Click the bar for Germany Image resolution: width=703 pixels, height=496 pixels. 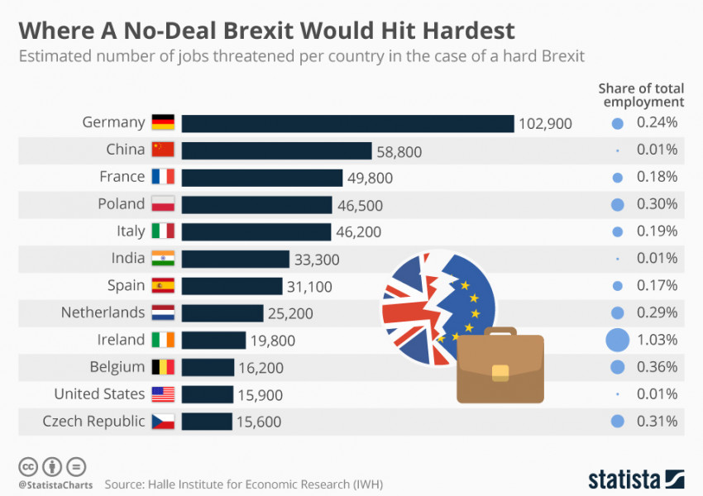[347, 123]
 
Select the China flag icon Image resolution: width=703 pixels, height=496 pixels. [163, 150]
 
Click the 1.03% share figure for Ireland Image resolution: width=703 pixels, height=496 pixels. [658, 340]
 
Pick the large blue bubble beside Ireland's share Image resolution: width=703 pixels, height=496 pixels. [617, 340]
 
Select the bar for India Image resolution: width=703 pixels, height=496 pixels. [235, 259]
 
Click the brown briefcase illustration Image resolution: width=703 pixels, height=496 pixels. [500, 367]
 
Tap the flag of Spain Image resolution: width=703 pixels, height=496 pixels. [163, 286]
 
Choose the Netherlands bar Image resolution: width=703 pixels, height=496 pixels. [222, 313]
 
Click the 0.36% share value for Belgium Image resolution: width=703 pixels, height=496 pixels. [658, 367]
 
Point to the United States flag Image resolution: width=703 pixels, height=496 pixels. [163, 394]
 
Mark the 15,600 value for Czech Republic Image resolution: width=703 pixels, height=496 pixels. [259, 422]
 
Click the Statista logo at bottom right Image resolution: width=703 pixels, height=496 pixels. [636, 479]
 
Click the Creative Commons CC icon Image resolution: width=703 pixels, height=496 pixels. [28, 465]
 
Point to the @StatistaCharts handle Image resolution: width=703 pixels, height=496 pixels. [55, 484]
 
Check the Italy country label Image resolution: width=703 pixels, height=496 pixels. [131, 231]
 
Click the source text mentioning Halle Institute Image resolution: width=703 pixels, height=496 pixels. [243, 484]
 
